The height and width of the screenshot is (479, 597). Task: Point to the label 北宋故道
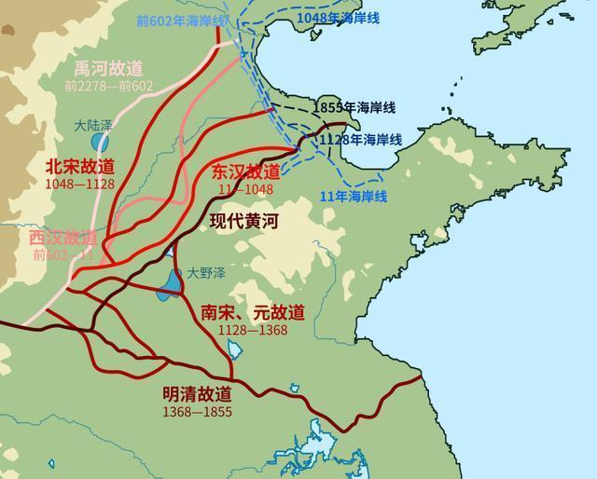point(79,166)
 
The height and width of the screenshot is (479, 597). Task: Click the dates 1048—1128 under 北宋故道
point(79,184)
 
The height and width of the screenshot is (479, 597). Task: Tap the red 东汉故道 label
point(245,171)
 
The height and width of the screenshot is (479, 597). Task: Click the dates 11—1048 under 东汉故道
point(244,188)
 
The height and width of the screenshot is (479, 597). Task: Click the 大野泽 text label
point(202,273)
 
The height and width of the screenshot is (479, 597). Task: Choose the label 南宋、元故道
point(252,313)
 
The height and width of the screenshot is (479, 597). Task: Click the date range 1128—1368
point(252,330)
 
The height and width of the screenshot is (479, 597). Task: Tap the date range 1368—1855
point(197,411)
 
